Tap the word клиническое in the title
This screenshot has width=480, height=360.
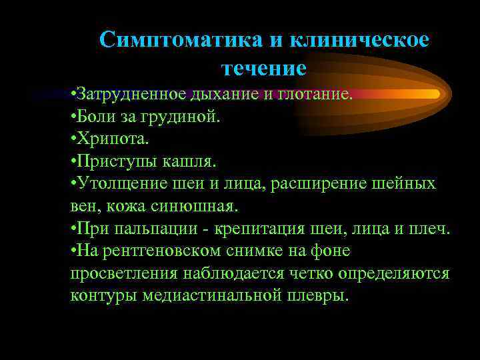[x=359, y=39]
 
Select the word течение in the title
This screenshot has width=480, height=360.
[x=263, y=67]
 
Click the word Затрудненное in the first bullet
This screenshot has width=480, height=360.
[x=122, y=94]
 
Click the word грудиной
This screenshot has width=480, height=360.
[x=182, y=117]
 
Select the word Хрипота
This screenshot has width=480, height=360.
[x=114, y=139]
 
